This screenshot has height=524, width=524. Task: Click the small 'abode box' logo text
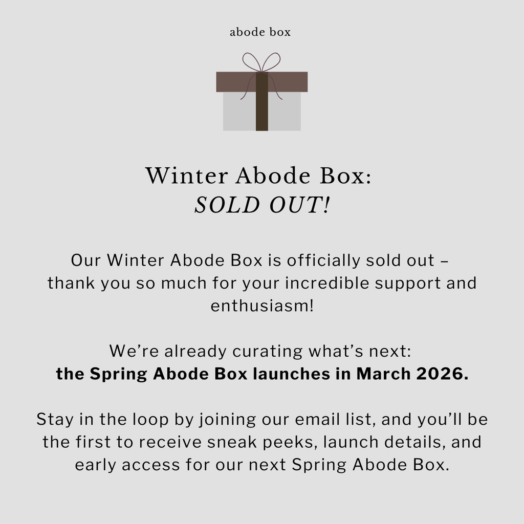click(260, 32)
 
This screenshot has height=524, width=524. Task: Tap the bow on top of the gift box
click(261, 62)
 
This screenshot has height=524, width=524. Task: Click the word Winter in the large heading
click(186, 176)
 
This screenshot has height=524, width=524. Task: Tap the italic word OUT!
click(299, 205)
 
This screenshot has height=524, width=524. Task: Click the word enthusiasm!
click(262, 305)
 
